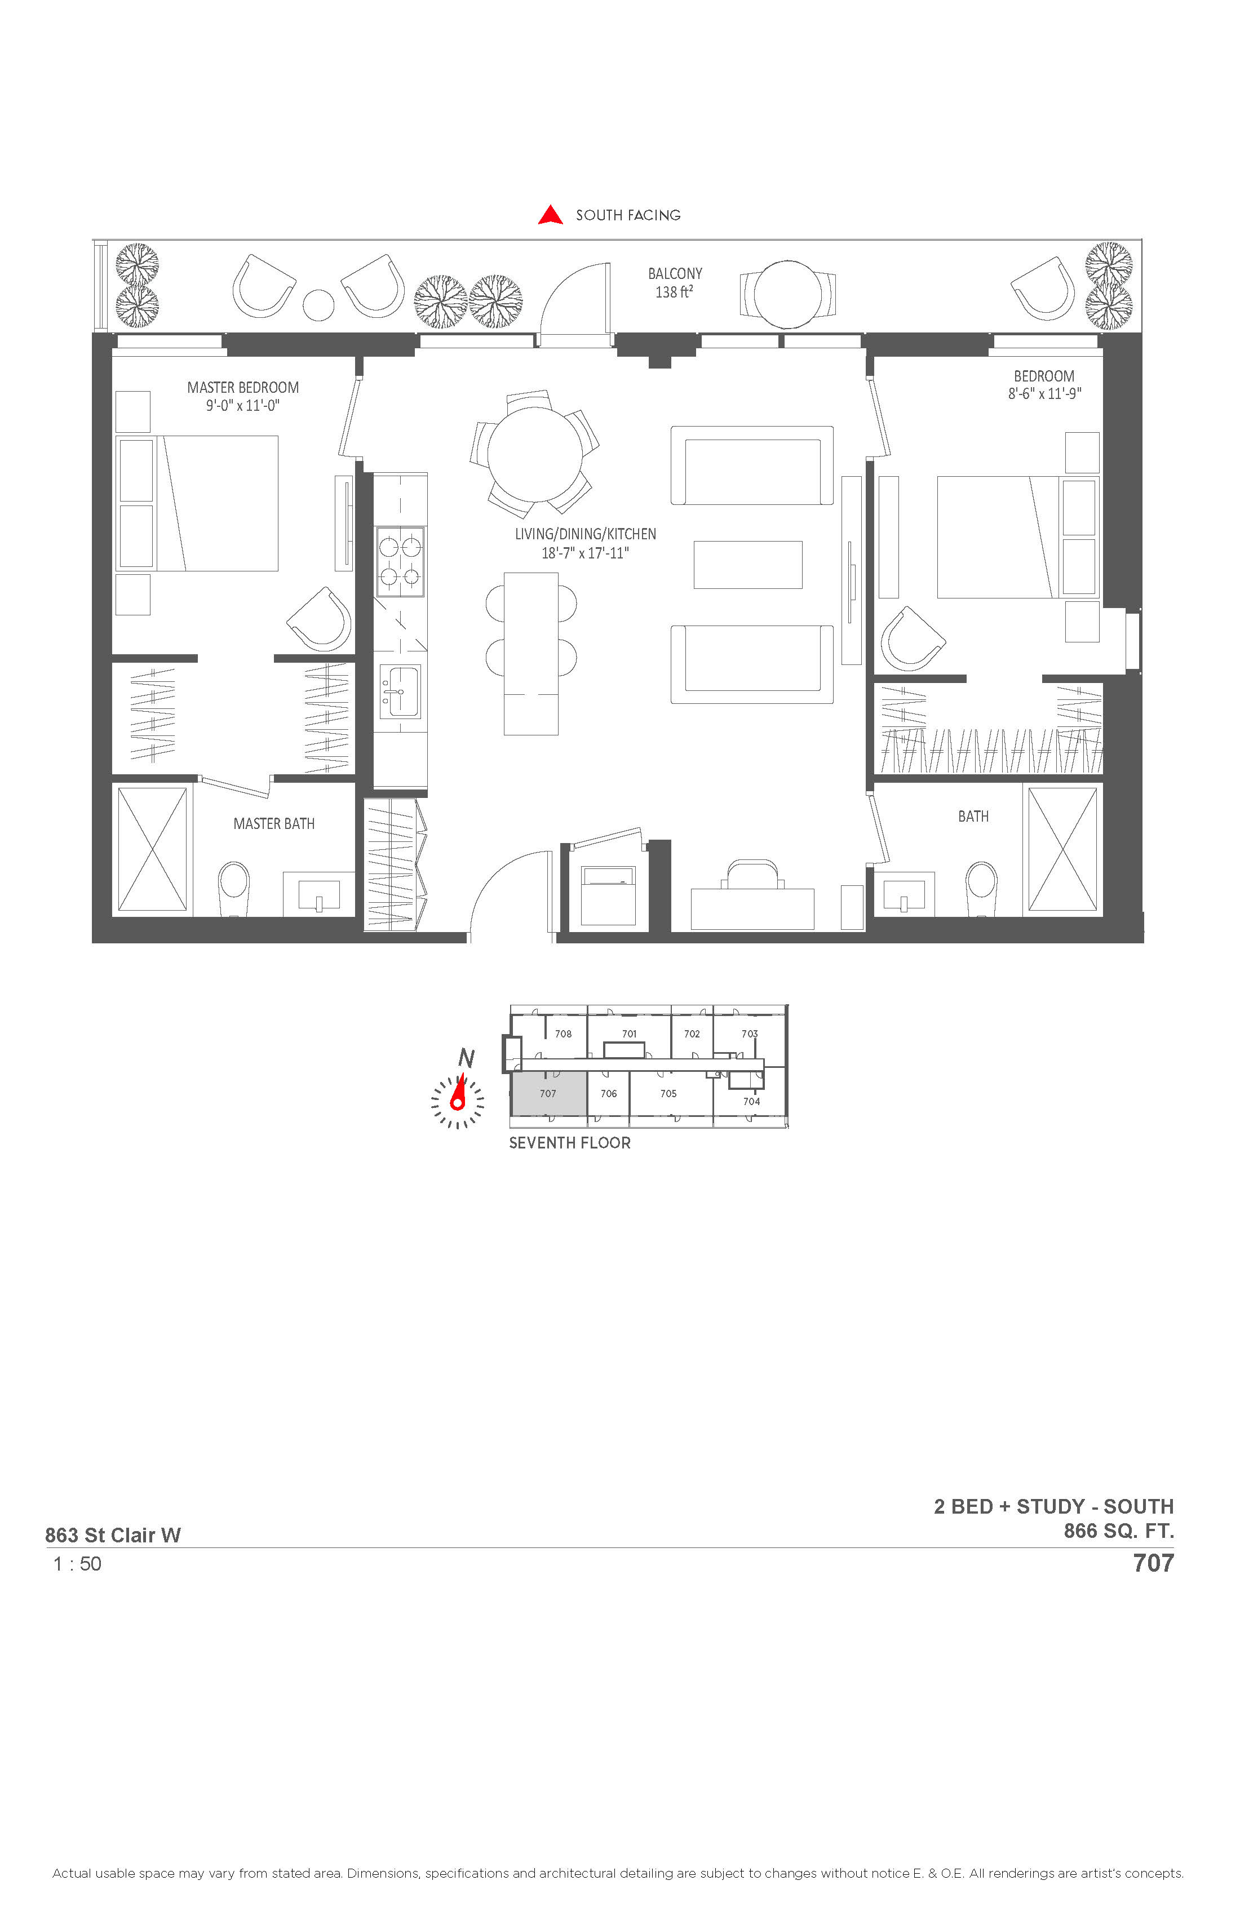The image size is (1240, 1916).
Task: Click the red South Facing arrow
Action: click(551, 215)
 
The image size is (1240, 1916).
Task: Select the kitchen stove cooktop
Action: click(401, 561)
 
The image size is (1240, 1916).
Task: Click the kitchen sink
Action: click(400, 691)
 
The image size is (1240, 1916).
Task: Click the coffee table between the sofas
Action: click(748, 564)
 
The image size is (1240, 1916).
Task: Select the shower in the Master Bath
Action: click(152, 849)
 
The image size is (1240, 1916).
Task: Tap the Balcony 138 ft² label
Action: click(675, 282)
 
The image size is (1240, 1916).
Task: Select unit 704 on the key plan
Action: click(751, 1101)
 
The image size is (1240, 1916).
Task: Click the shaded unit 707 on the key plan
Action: click(549, 1093)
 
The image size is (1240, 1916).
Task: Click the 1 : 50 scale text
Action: click(77, 1563)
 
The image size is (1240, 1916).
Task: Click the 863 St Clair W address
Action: click(113, 1535)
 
